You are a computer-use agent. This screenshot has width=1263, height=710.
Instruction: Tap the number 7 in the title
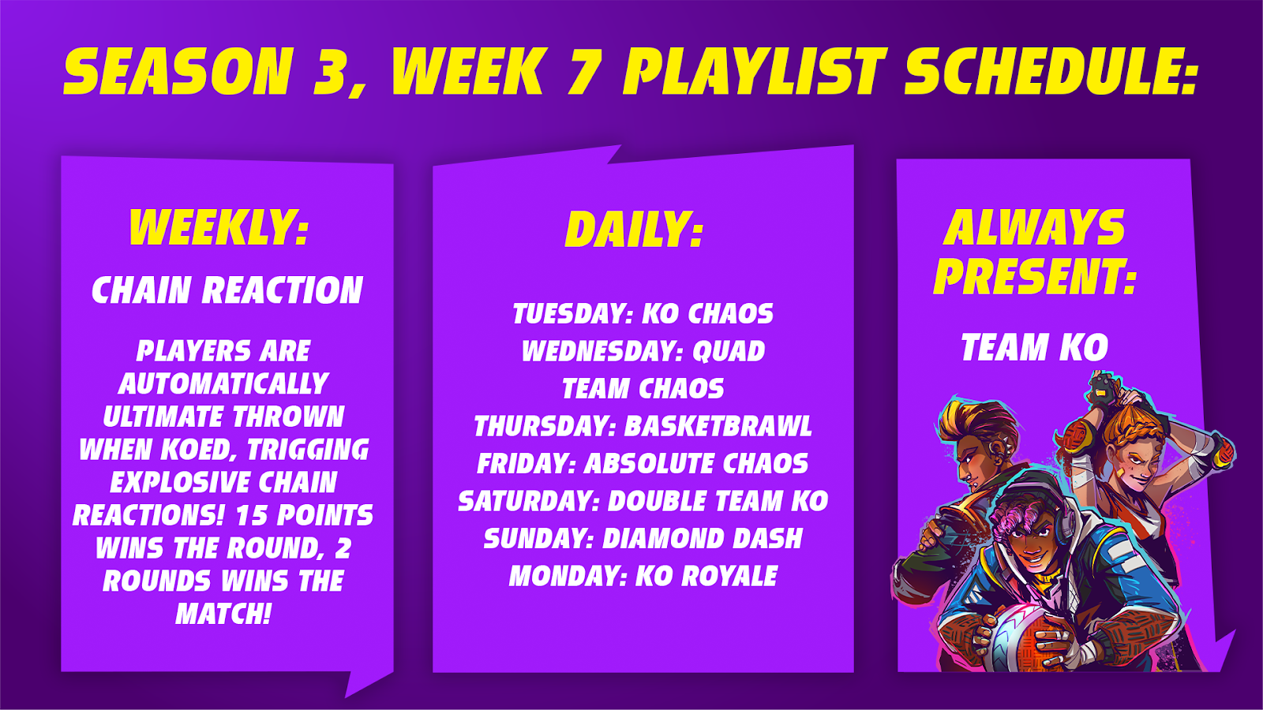coord(583,72)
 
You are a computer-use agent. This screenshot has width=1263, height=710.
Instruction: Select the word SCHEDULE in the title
coord(1051,72)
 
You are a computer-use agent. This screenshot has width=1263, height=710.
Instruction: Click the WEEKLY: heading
coord(219,228)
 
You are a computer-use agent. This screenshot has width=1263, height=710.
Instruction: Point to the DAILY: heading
coord(635,230)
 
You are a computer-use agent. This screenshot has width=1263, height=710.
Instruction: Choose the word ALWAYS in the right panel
coord(1034,228)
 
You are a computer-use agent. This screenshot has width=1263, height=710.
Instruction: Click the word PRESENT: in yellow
coord(1034,277)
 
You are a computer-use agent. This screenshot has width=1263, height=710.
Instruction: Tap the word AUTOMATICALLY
coord(223,384)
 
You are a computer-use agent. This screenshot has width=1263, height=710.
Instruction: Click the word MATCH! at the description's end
coord(223,614)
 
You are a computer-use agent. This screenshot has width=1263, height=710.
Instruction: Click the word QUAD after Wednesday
coord(729,351)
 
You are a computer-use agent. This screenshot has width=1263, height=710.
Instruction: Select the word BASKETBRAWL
coord(718,426)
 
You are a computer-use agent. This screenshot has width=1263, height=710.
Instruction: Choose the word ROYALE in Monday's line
coord(729,576)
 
